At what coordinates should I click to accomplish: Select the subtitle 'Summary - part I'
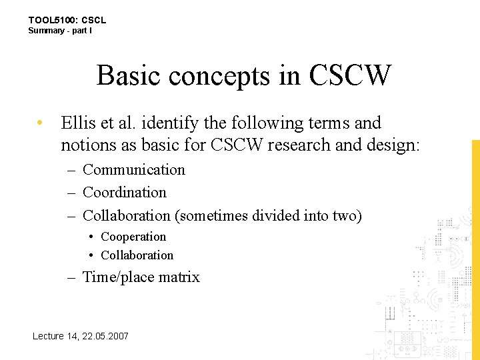click(60, 31)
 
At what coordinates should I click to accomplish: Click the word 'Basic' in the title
click(129, 75)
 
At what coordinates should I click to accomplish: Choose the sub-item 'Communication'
click(133, 170)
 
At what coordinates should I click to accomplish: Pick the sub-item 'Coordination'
click(124, 193)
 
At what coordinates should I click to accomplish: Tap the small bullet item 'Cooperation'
click(133, 237)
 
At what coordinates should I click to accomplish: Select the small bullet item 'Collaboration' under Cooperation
click(137, 255)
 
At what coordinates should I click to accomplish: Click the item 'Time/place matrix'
click(141, 277)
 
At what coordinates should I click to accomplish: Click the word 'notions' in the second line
click(83, 145)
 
